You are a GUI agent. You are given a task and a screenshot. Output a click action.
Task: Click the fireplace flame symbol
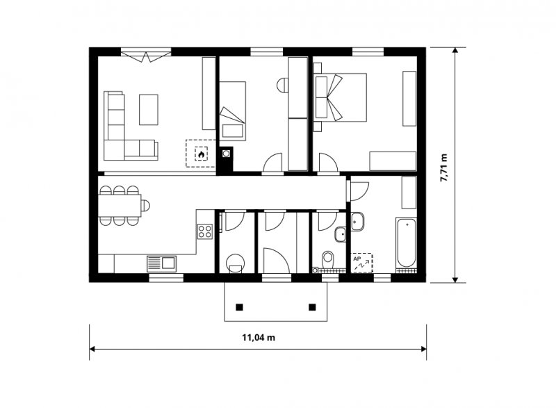[201, 154]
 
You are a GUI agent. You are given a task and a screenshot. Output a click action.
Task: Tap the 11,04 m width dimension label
[259, 338]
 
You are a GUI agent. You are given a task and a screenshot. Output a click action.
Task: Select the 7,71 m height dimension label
[443, 168]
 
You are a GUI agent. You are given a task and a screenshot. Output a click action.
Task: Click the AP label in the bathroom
[357, 259]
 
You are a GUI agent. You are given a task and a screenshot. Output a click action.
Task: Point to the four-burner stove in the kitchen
[205, 231]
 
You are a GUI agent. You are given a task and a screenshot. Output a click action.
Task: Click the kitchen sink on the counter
[161, 263]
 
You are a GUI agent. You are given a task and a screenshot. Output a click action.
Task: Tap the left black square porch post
[240, 307]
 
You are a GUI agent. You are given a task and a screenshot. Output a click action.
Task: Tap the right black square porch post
[312, 307]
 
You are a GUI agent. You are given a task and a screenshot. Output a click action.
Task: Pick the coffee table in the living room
[149, 110]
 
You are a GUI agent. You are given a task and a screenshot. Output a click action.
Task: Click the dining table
[120, 205]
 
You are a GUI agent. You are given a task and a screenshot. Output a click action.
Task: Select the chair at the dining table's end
[145, 205]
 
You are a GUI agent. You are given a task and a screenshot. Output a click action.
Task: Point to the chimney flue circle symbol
[225, 154]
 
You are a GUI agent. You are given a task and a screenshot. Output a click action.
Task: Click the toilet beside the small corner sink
[328, 259]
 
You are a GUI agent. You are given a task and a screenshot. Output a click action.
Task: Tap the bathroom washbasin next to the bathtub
[357, 221]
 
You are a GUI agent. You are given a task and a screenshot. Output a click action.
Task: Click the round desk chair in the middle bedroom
[284, 85]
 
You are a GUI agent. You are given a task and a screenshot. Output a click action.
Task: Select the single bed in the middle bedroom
[232, 110]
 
